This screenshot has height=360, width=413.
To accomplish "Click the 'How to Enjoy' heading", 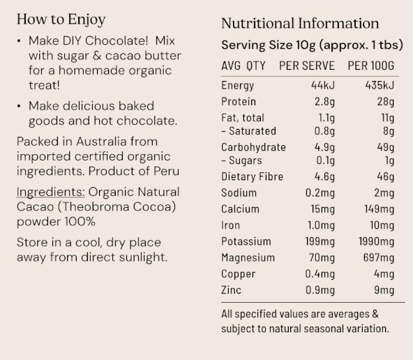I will pyautogui.click(x=62, y=19).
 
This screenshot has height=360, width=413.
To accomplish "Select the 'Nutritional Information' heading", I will pyautogui.click(x=300, y=24).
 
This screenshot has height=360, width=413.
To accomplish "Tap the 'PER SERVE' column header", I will pyautogui.click(x=307, y=66).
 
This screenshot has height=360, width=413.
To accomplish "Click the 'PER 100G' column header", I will pyautogui.click(x=370, y=66).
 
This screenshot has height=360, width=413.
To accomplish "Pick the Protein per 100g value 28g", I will pyautogui.click(x=384, y=103).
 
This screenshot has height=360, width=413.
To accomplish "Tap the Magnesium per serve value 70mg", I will pyautogui.click(x=321, y=257).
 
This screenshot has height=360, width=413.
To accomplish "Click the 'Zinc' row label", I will pyautogui.click(x=232, y=290).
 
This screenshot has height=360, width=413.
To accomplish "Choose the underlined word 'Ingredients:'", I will pyautogui.click(x=46, y=192).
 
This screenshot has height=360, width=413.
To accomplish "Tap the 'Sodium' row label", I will pyautogui.click(x=239, y=193).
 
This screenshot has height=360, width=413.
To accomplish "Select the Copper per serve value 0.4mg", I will pyautogui.click(x=320, y=274).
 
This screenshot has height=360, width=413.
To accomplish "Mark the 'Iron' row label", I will pyautogui.click(x=230, y=225).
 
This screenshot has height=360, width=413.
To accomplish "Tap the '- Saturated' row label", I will pyautogui.click(x=249, y=130).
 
